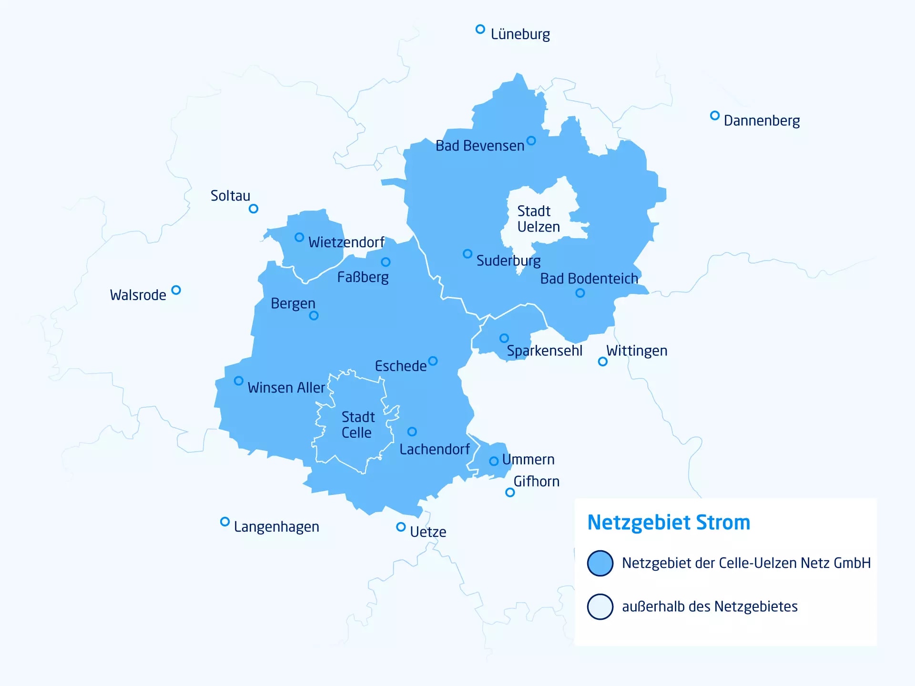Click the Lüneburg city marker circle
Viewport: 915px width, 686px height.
coord(480,30)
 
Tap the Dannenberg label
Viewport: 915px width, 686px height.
coord(762,121)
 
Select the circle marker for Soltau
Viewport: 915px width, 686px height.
coord(254,209)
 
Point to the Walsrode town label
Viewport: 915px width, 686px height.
coord(138,295)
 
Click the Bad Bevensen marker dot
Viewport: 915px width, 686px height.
coord(531,141)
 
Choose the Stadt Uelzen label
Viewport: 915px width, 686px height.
coord(538,219)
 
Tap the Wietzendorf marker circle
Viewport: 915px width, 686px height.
coord(299,237)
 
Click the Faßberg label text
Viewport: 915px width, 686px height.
coord(363,277)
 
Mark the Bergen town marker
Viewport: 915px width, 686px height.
coord(314,315)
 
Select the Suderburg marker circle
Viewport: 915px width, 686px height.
coord(468,254)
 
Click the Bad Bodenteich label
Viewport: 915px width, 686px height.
coord(589,279)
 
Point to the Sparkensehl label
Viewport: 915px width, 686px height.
coord(544,351)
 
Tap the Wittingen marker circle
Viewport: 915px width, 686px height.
coord(603,362)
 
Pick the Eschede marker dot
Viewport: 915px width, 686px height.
coord(433,361)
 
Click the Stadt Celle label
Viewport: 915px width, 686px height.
coord(357,425)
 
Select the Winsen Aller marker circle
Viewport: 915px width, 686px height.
coord(239,381)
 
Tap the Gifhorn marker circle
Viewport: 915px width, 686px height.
coord(510,493)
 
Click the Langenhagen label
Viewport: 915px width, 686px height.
coord(276,527)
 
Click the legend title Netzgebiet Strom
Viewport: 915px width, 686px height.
coord(669,523)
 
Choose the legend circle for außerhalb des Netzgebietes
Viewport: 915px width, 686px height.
coord(600,606)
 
